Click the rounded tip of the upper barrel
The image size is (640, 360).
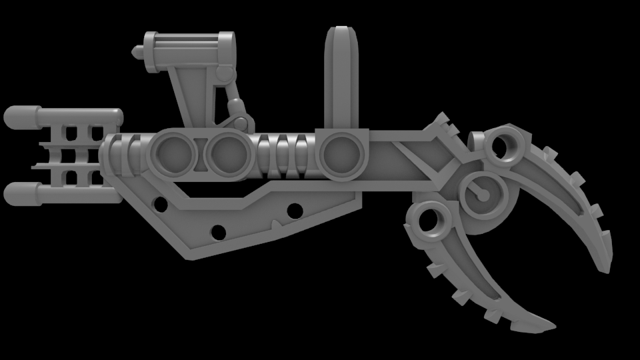(x=15, y=117)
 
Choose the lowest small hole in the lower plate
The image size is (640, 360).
(x=217, y=232)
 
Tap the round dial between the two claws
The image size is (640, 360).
(x=481, y=194)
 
